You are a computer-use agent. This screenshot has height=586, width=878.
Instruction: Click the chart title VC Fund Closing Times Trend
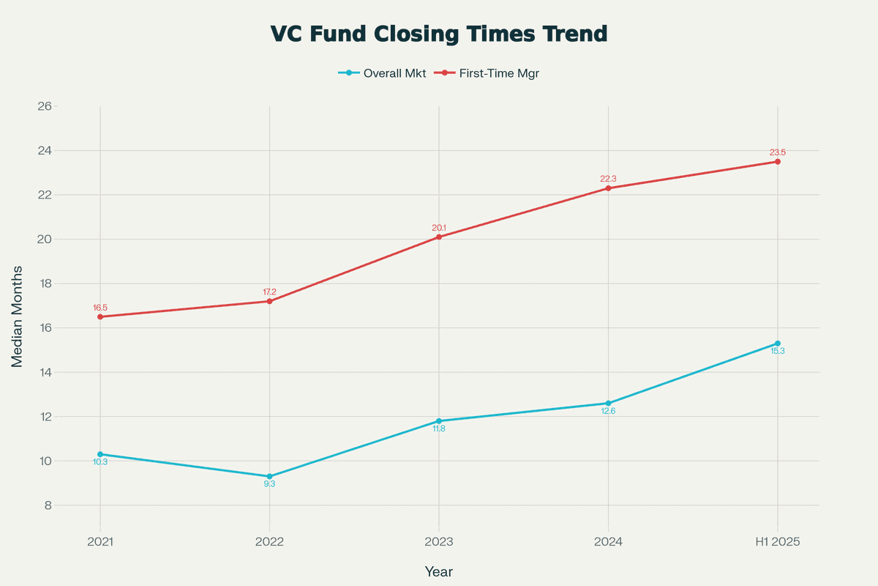coord(439,34)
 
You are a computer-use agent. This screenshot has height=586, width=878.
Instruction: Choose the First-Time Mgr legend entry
coord(492,73)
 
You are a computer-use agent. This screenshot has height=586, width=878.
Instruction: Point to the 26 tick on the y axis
coord(43,106)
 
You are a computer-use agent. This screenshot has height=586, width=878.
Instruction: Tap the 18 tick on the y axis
coord(43,283)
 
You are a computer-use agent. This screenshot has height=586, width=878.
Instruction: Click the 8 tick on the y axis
coord(46,505)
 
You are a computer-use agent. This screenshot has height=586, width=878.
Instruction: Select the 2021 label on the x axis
coord(100,542)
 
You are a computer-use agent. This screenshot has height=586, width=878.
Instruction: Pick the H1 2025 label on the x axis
coord(778,542)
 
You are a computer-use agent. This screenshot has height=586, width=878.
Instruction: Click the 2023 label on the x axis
coord(439,542)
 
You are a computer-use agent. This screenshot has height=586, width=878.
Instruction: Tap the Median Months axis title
coord(17,316)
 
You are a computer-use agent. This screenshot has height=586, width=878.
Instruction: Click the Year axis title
coord(439,571)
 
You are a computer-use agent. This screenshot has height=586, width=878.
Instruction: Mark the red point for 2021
coord(100,316)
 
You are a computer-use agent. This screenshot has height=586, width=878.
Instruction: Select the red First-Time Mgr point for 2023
coord(439,237)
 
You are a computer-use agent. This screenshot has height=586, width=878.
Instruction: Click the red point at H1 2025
coord(778,162)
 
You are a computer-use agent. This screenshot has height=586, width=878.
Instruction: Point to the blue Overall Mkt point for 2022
coord(270,476)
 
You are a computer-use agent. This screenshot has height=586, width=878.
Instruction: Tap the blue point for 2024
coord(608,404)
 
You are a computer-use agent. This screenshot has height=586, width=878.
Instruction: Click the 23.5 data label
coord(778,152)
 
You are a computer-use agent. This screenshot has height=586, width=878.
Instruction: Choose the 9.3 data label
coord(270,484)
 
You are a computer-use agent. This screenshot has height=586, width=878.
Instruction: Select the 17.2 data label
coord(270,292)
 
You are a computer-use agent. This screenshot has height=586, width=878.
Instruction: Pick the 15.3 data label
coord(778,351)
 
